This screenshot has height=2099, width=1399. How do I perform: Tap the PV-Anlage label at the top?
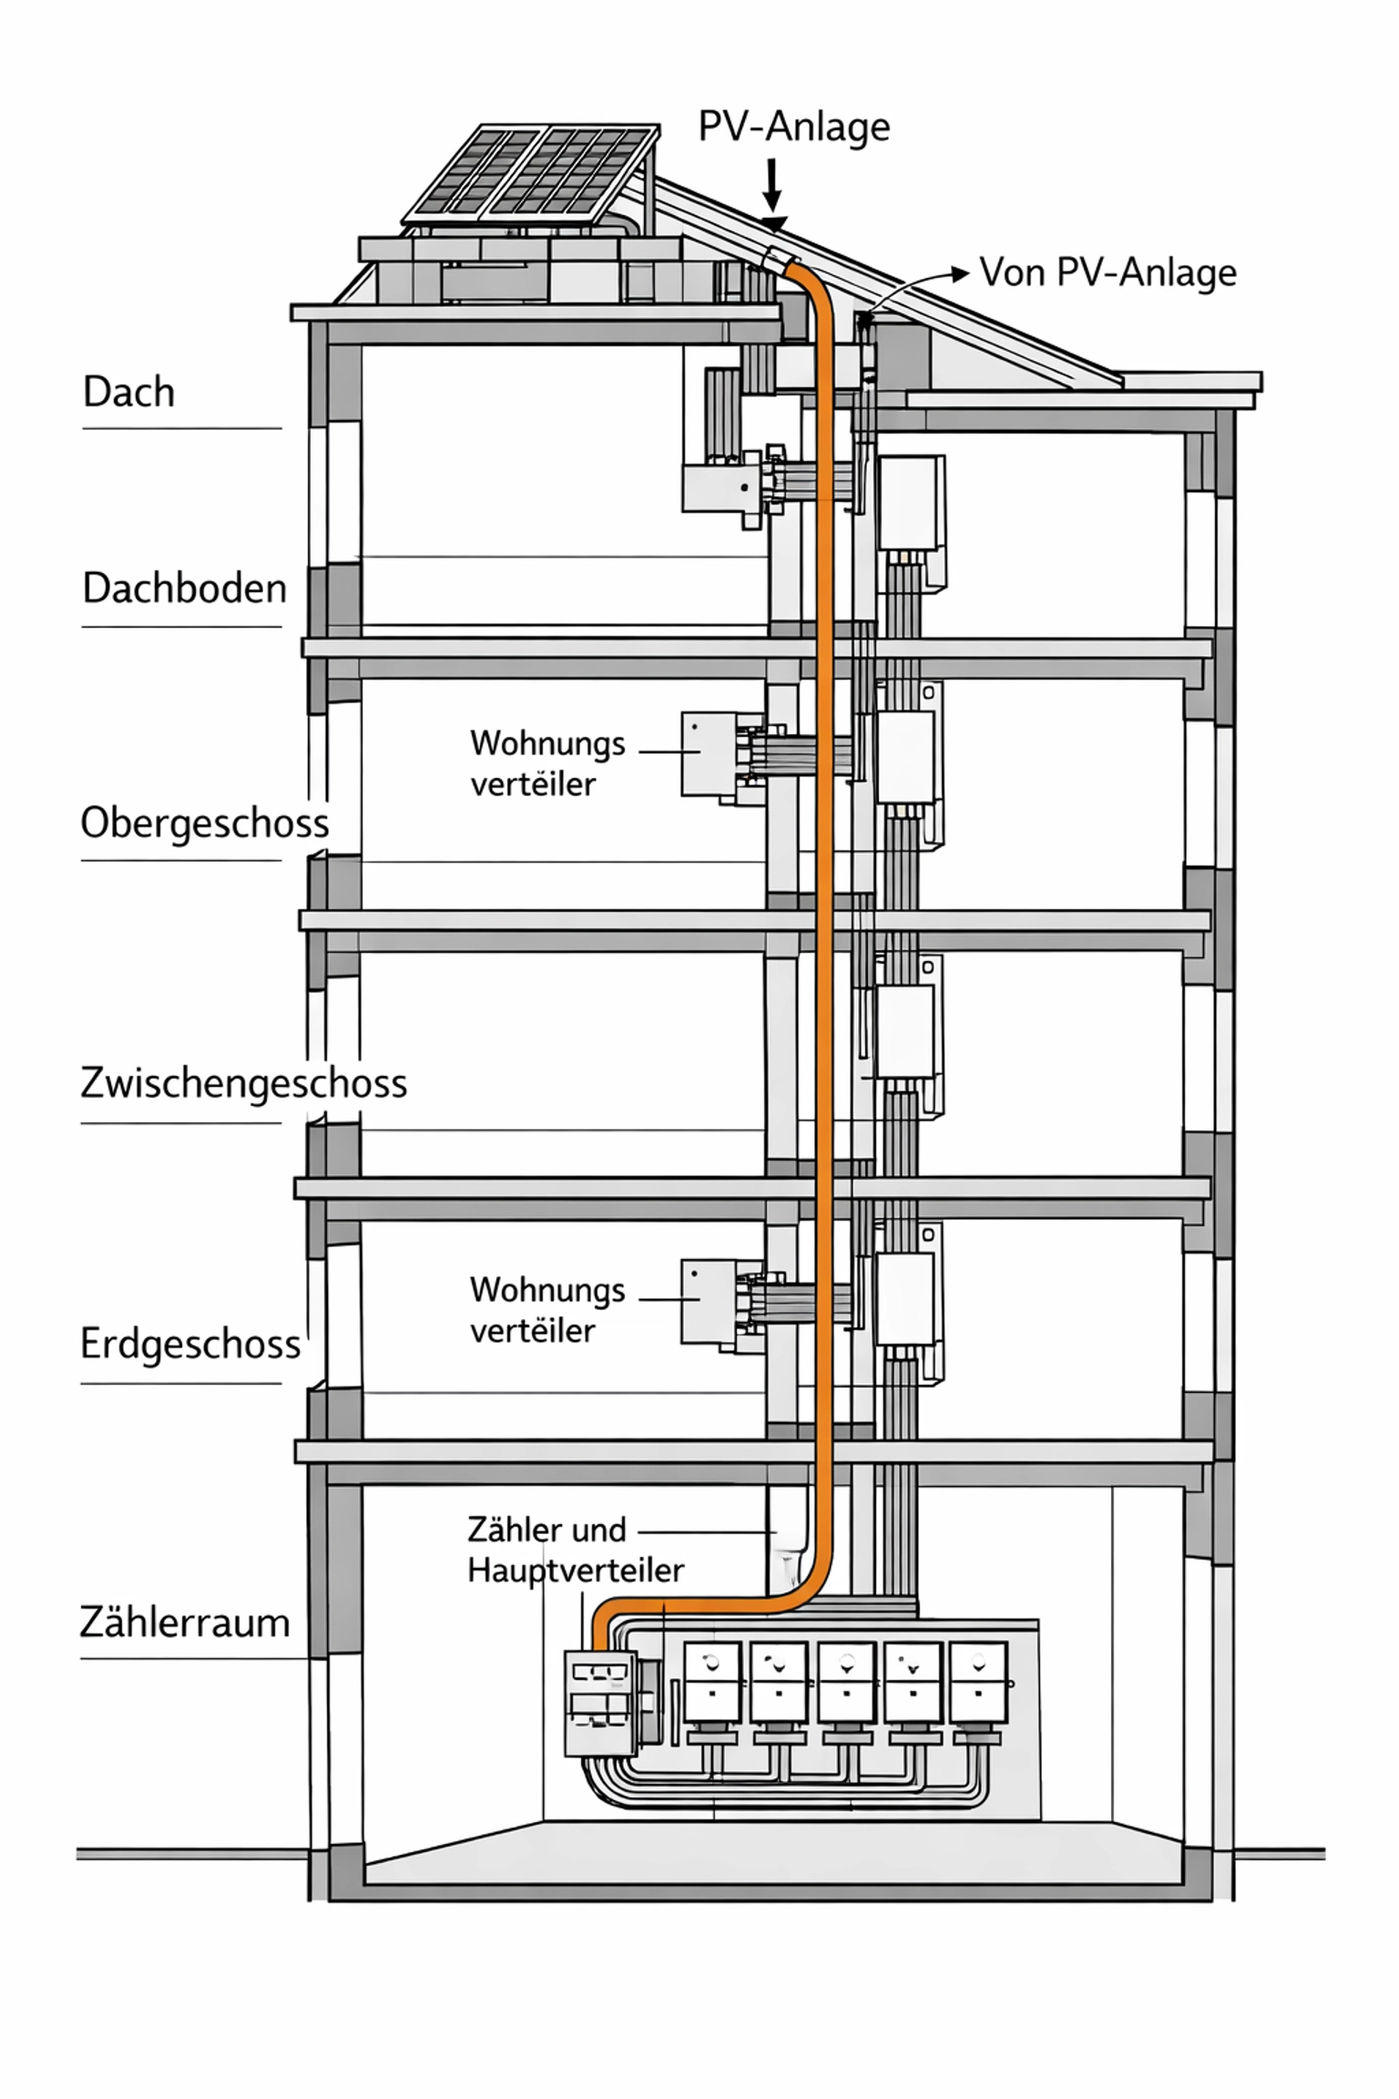point(793,127)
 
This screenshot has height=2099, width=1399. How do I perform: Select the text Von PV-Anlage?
point(1108,272)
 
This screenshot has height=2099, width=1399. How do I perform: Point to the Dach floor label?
point(128,392)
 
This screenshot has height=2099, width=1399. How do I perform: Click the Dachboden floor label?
point(185,589)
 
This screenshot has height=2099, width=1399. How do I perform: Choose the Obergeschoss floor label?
point(205,823)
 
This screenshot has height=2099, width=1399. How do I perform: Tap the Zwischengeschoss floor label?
point(243,1083)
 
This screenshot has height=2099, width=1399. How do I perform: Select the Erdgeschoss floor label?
point(190,1344)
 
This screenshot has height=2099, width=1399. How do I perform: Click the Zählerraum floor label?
point(185,1623)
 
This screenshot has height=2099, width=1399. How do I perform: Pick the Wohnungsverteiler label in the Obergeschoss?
point(547,763)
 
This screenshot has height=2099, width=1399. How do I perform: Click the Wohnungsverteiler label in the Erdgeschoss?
point(547,1310)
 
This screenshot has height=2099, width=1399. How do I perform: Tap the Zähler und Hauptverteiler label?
point(575,1550)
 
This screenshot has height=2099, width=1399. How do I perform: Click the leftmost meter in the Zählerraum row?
point(711,1682)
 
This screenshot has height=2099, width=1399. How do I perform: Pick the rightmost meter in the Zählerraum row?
point(978,1682)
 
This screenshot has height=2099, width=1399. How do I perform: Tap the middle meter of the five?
point(845,1682)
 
